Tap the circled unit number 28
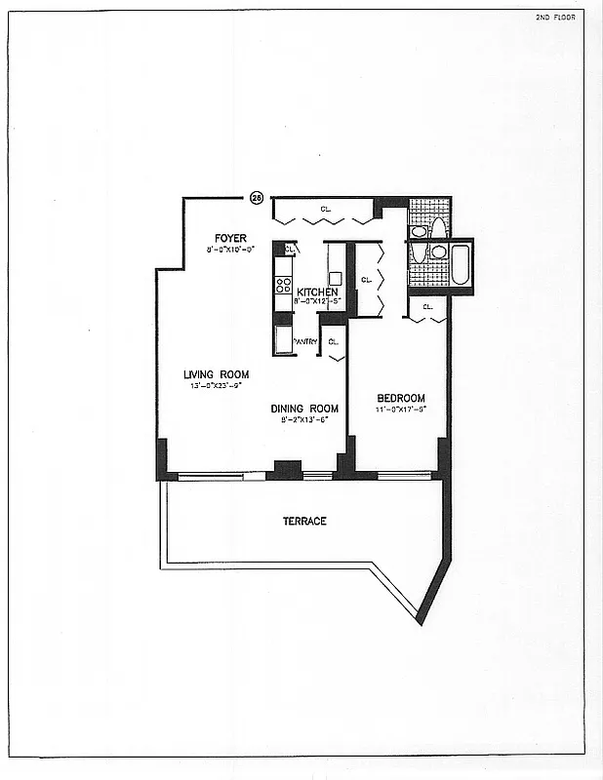pos(257,197)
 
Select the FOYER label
pos(231,239)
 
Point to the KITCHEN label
pos(318,292)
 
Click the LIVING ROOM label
pos(217,374)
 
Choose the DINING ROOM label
pos(304,409)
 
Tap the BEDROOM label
pos(402,398)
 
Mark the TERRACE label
pos(304,522)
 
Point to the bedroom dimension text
pos(402,410)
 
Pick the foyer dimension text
pos(230,251)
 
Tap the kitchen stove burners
pos(284,286)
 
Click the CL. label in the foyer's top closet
pos(325,209)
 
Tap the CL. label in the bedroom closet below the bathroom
pos(428,307)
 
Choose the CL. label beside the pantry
pos(333,341)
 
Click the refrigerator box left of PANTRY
pos(283,340)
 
